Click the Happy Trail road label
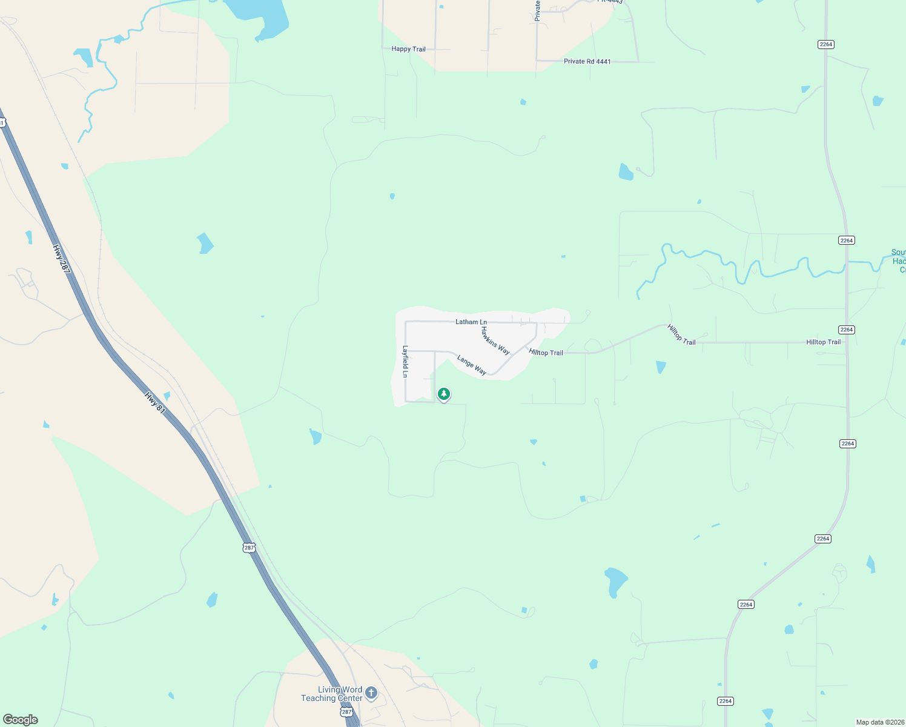[x=408, y=49]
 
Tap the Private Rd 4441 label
[x=587, y=61]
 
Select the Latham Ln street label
[x=471, y=322]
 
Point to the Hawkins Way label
[x=495, y=340]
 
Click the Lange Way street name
[x=471, y=365]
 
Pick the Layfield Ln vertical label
[x=405, y=362]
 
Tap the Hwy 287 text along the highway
[x=61, y=260]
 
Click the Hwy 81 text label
[x=155, y=403]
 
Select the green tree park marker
[x=444, y=394]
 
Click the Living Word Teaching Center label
[x=332, y=694]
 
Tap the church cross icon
[x=371, y=692]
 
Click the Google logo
[x=21, y=720]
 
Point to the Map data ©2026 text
[x=880, y=722]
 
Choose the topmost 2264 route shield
[x=825, y=44]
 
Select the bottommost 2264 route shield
[x=725, y=701]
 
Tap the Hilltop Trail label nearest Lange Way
[x=546, y=353]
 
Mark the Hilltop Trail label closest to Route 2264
[x=823, y=342]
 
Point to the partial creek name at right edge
[x=898, y=261]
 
